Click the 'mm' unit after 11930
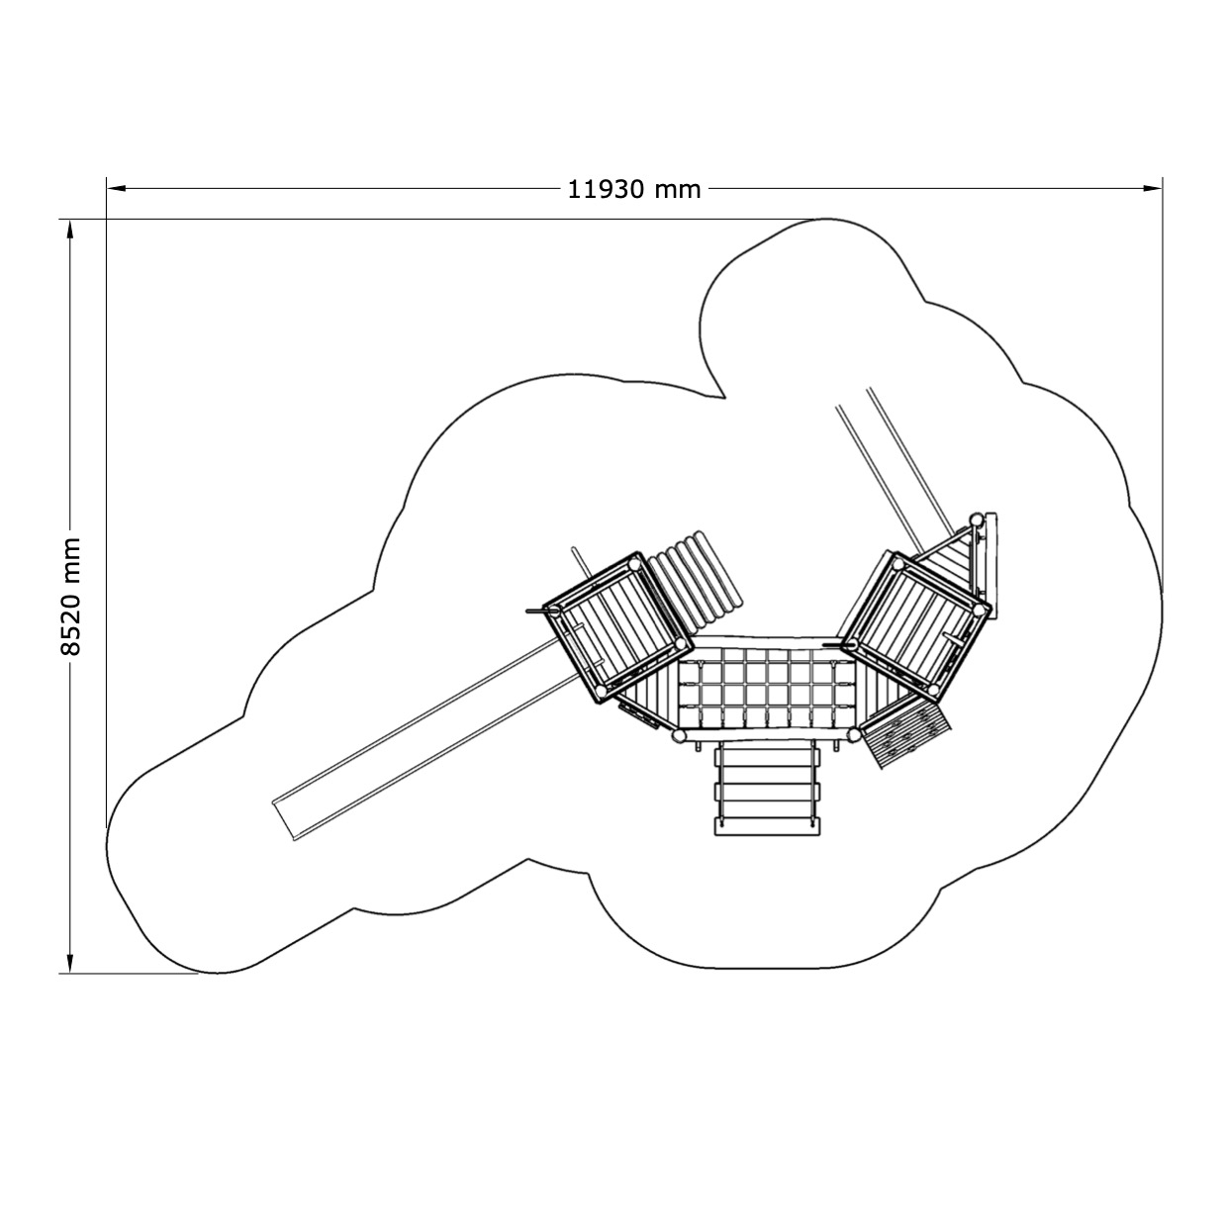coord(678,190)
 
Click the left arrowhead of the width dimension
coord(117,188)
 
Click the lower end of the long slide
coord(283,820)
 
